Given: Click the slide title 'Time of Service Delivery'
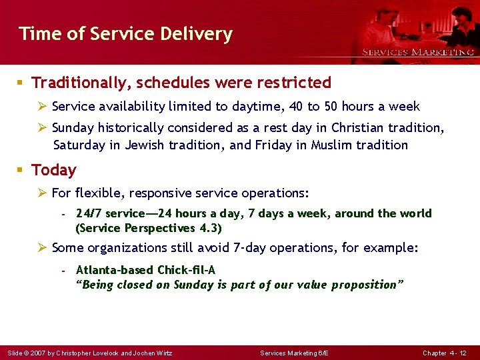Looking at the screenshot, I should tap(125, 33).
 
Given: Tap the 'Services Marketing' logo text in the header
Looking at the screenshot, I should tap(418, 52).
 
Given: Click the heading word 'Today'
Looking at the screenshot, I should tap(54, 170).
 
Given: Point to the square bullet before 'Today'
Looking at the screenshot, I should tap(21, 170).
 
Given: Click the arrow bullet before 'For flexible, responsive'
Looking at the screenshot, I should tap(42, 193).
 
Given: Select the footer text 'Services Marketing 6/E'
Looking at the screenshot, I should tap(294, 352).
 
